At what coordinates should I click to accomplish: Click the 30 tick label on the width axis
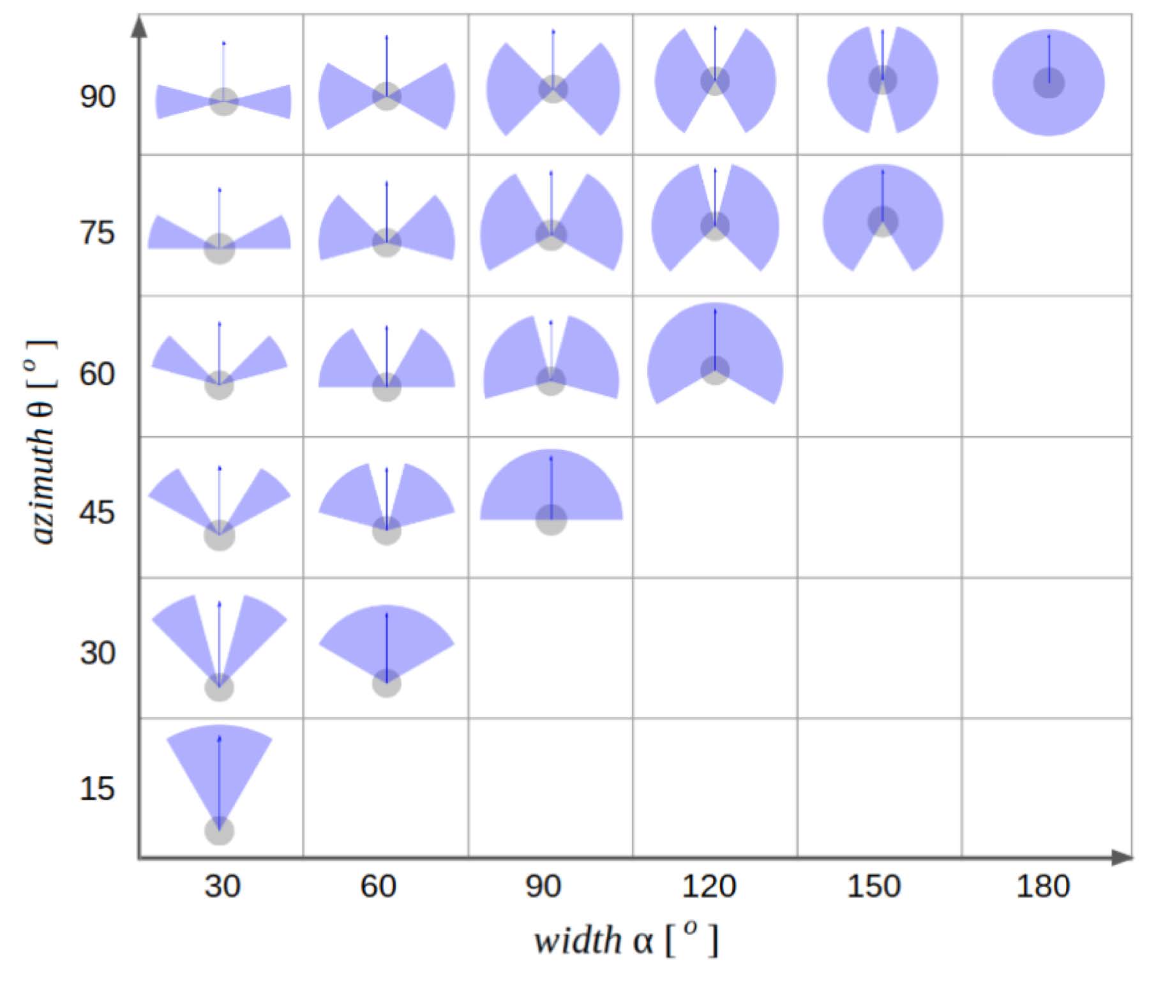tap(222, 886)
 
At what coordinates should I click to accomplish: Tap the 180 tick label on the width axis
tap(1042, 886)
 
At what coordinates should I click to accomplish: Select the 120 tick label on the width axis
tap(709, 886)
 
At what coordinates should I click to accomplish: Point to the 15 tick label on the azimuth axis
tap(97, 788)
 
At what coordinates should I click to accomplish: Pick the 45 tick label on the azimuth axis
tap(97, 512)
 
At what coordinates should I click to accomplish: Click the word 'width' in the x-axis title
tap(578, 941)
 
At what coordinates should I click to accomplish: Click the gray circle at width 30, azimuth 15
tap(219, 831)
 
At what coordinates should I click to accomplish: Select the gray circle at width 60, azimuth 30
tap(386, 684)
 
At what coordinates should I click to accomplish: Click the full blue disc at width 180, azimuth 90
tap(1048, 83)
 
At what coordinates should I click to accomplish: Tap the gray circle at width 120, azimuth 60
tap(715, 370)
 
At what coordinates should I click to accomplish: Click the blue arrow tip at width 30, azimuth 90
tap(223, 43)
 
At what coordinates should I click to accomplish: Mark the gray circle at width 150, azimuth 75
tap(883, 222)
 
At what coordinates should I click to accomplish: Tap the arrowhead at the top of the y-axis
tap(139, 26)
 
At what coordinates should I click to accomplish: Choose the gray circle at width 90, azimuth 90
tap(553, 89)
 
